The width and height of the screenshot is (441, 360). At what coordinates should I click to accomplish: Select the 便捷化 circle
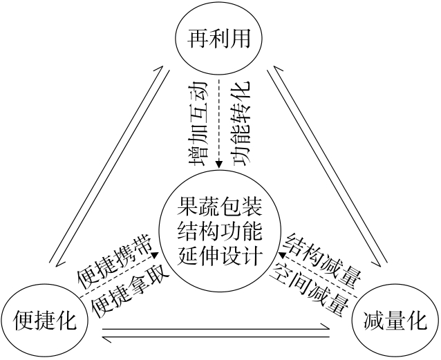point(44,321)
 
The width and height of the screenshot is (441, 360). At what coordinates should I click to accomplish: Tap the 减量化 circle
point(395,321)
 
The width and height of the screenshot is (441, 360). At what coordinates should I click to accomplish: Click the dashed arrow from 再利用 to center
point(219,121)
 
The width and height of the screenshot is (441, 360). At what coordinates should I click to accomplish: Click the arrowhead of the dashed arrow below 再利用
point(219,164)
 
